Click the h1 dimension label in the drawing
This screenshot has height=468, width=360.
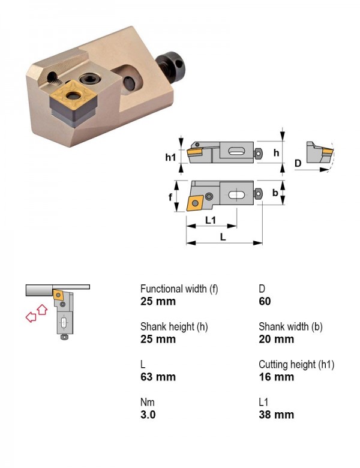(170, 157)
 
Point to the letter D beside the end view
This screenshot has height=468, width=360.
(298, 163)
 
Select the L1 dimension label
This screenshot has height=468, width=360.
(211, 220)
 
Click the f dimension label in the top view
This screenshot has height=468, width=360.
(170, 197)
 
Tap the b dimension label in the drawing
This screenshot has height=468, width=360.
(275, 193)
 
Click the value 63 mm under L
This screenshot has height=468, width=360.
(158, 377)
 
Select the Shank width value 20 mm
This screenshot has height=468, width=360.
(276, 339)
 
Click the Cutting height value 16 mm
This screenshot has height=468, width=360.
(276, 377)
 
